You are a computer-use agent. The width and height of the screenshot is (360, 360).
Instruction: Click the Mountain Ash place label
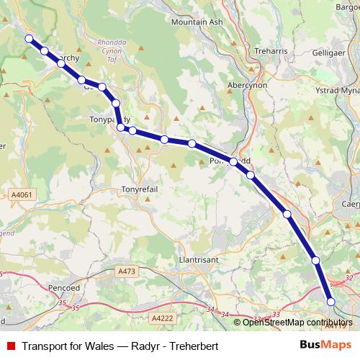click(197, 22)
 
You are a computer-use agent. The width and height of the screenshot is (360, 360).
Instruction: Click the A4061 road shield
click(22, 194)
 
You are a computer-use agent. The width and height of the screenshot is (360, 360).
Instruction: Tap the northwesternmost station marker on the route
click(29, 39)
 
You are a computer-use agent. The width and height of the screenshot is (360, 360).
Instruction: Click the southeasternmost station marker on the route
click(331, 302)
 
